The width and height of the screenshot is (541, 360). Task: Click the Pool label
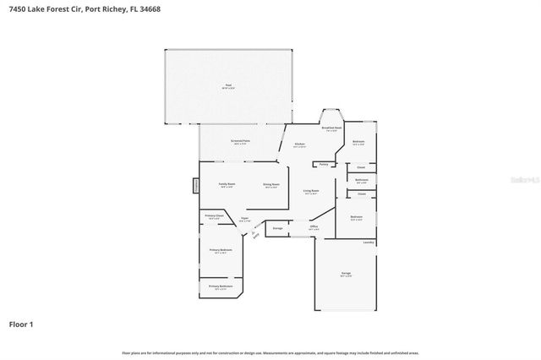pos(228,85)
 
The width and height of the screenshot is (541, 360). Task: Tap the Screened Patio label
pos(239,140)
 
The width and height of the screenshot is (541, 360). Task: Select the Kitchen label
pos(299,145)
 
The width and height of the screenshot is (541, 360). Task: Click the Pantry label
pos(323,164)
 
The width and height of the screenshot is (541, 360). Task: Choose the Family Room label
pos(227,183)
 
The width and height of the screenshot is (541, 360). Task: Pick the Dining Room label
pos(270,184)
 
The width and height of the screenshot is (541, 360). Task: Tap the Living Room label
pos(311,191)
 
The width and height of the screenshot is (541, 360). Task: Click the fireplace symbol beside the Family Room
pos(196,184)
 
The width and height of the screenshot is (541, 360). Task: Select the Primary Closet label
pos(214,216)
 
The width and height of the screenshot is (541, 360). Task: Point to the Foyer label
pos(243,219)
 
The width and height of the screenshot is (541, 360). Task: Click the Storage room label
pos(277,228)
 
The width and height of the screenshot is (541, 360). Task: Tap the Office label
pos(313,226)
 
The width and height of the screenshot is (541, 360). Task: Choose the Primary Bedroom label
pos(221,250)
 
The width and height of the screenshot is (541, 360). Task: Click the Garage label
pos(346,273)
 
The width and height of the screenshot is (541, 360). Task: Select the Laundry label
pos(369,243)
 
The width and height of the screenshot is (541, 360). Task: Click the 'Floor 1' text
pos(21,324)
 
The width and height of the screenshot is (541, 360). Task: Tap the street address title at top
pos(68,10)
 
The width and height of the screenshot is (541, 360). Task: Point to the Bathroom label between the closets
pos(361,180)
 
